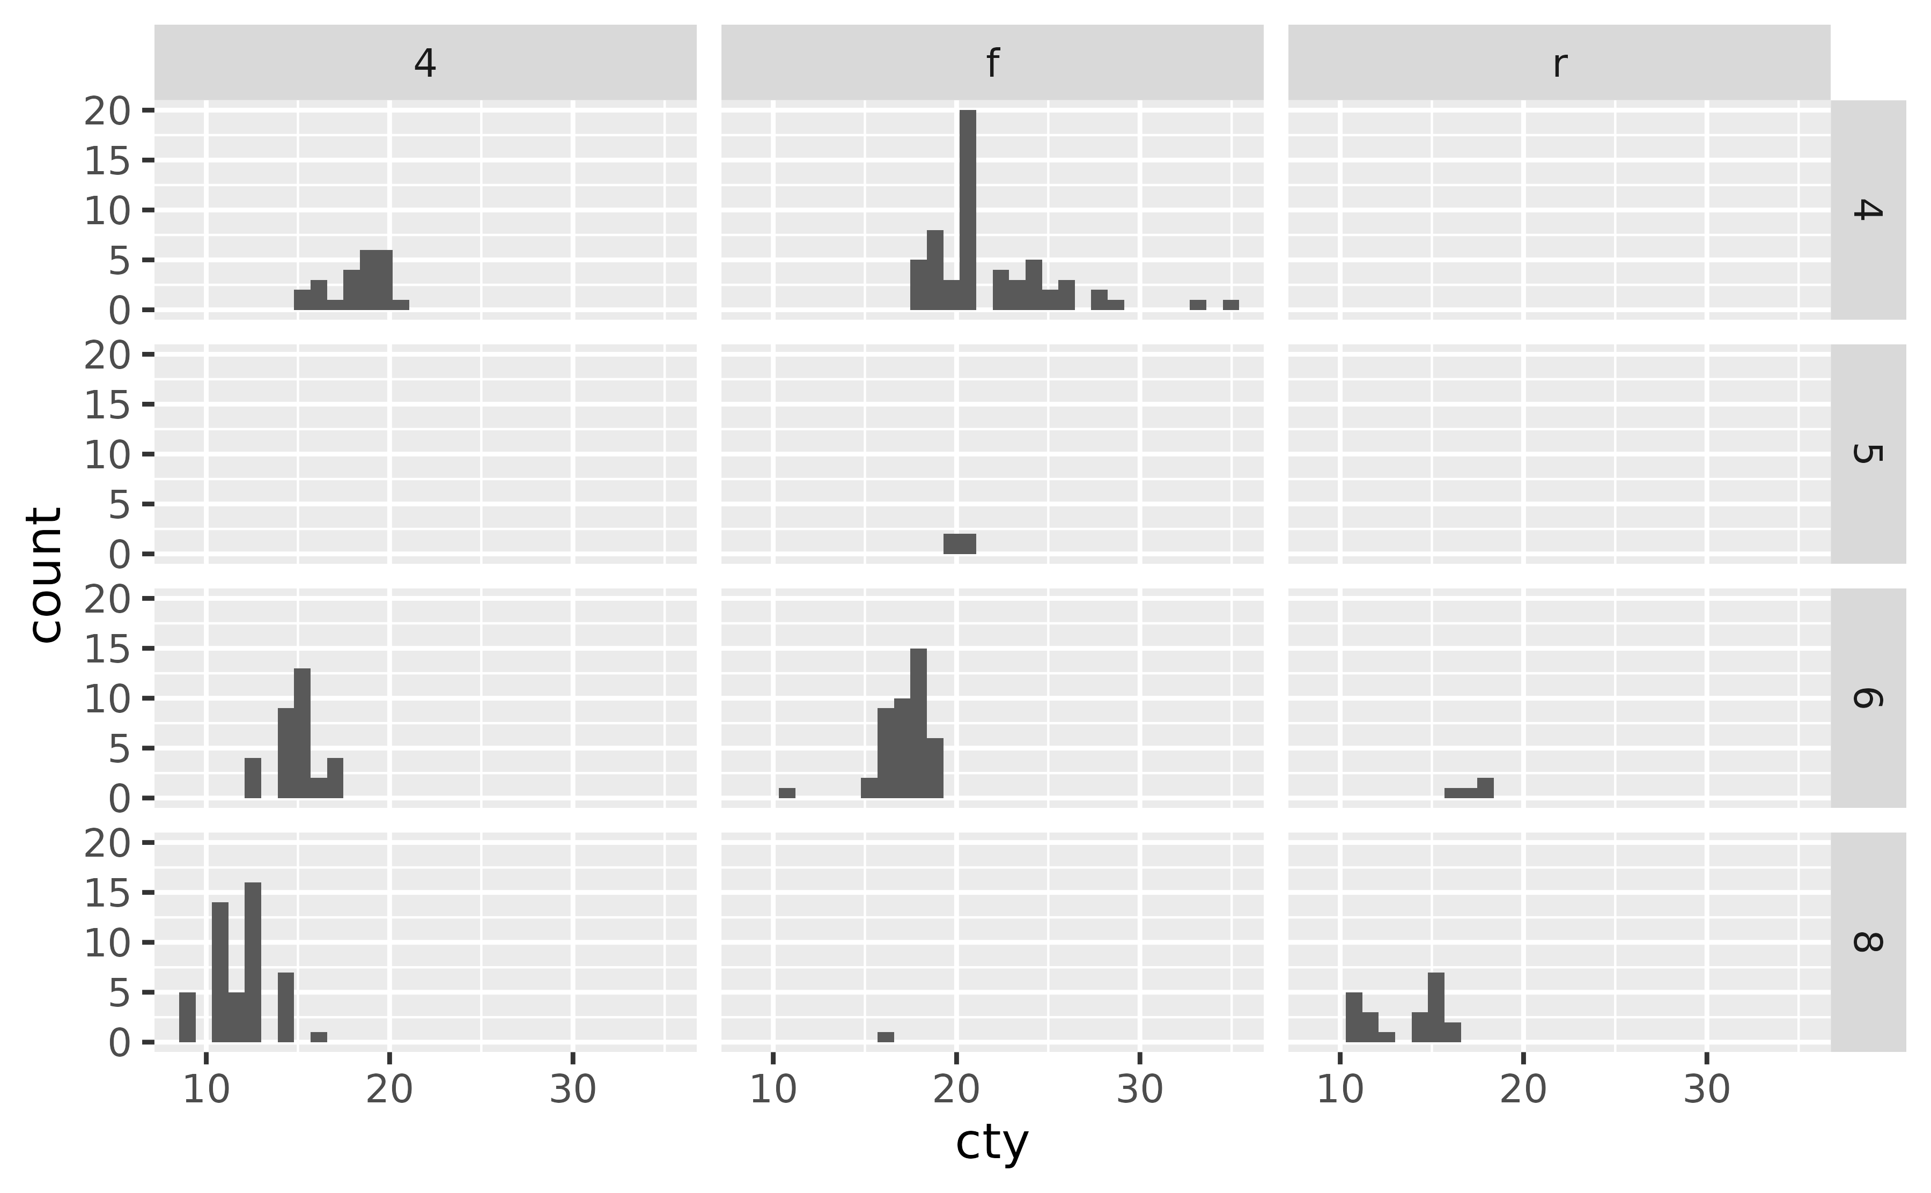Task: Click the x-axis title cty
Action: point(992,1143)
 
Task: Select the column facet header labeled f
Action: point(992,62)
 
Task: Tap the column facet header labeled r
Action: point(1559,62)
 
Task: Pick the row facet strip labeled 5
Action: point(1867,454)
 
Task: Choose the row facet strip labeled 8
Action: point(1867,941)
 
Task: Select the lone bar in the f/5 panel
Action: point(959,543)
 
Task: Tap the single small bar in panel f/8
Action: point(885,1037)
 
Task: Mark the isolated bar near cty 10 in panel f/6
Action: point(786,793)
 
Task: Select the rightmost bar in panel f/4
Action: point(1230,305)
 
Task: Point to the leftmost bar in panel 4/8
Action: point(187,1017)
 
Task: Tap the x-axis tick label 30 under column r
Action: point(1706,1089)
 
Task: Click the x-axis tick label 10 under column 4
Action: point(206,1089)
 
